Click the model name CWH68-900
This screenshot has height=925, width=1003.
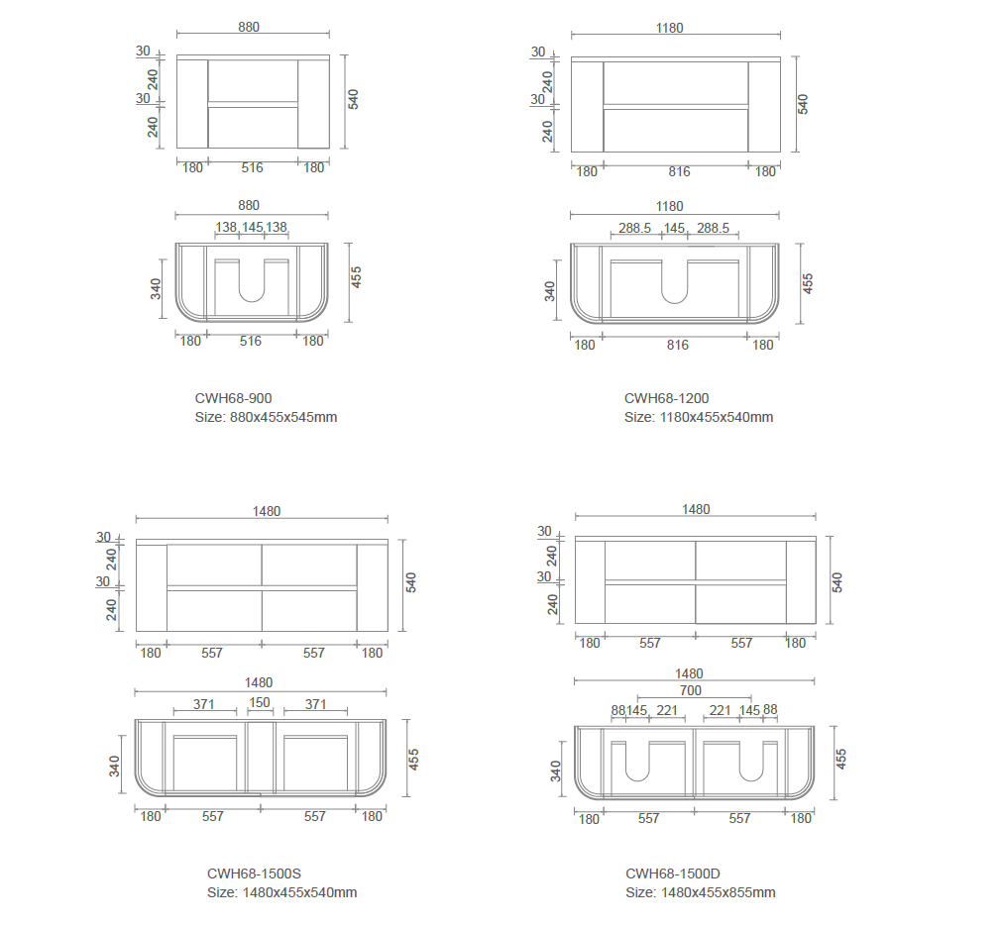234,398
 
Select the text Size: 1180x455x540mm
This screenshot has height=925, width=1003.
699,417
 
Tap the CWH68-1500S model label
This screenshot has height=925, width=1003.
254,874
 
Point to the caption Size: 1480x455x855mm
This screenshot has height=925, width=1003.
701,893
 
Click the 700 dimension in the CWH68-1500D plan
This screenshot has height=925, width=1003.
691,690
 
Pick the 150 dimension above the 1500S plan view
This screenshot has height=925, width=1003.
260,702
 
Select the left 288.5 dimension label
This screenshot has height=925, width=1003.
634,228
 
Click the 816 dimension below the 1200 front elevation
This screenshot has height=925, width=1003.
679,171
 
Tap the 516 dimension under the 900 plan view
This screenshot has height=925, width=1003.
251,341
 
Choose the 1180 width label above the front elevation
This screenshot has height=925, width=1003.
670,28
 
